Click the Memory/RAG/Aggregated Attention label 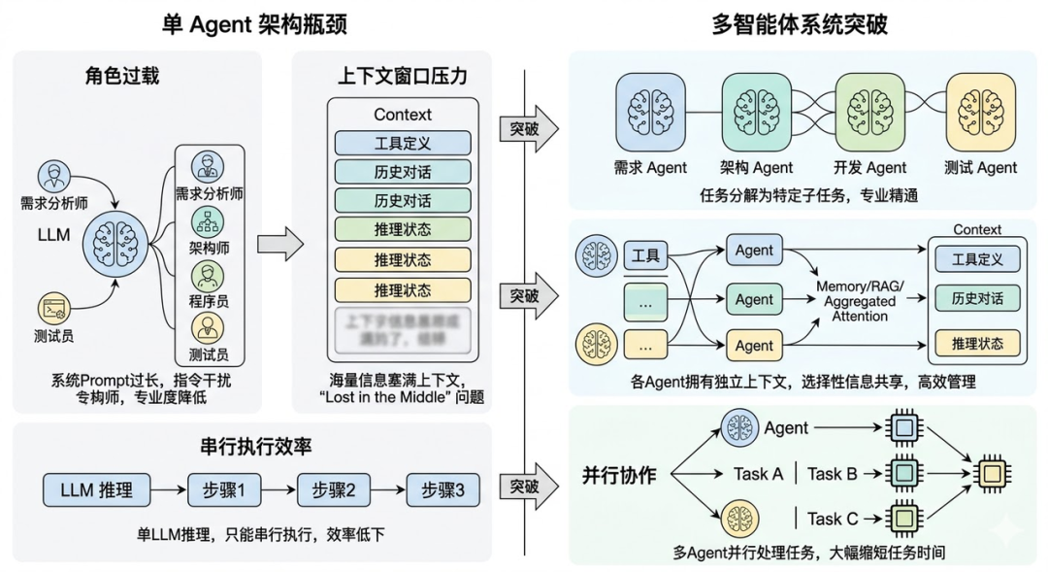coord(859,301)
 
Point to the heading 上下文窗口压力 coord(403,75)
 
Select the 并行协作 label coord(619,475)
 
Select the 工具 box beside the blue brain coord(645,256)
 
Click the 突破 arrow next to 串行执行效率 coord(529,488)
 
